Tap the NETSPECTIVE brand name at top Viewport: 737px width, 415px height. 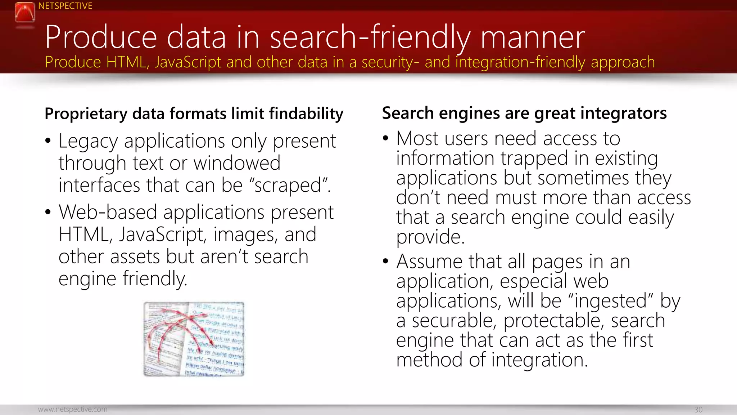point(65,6)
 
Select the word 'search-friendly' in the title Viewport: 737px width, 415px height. point(370,37)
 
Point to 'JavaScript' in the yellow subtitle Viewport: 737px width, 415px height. point(188,62)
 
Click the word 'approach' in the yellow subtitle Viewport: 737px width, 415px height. point(623,62)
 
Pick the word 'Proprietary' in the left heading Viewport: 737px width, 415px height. point(86,114)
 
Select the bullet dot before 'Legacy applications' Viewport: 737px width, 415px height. point(48,141)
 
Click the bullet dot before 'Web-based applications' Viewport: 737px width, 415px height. point(48,212)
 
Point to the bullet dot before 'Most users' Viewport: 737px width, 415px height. point(386,138)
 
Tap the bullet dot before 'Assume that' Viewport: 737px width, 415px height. point(386,261)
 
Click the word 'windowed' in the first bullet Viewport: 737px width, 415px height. point(237,163)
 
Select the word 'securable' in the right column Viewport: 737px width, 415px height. point(454,321)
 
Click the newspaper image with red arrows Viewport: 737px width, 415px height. point(194,339)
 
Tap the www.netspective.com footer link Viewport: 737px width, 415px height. point(73,409)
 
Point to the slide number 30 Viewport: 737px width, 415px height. point(698,410)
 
